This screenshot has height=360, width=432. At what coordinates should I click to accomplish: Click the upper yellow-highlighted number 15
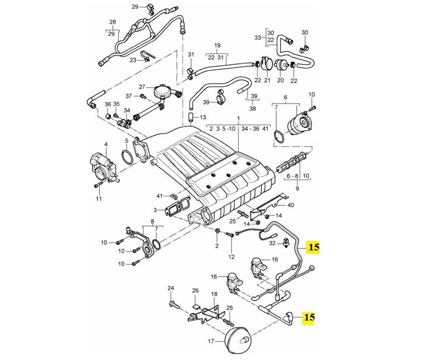314,247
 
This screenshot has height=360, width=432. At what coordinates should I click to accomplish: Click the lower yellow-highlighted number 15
308,317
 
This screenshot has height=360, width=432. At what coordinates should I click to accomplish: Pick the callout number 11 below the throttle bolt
99,198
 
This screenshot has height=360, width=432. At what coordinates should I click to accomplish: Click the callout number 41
160,196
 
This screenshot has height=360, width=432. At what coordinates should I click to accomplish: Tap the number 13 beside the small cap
203,117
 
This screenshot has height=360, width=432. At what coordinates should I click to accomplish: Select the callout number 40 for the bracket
291,205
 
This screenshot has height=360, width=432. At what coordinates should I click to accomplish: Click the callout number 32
272,243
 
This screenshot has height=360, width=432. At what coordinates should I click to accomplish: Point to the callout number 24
171,288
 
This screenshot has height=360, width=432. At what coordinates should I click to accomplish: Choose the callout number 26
195,290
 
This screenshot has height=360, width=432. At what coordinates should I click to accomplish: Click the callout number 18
214,294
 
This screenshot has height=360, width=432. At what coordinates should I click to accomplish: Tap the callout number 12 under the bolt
232,257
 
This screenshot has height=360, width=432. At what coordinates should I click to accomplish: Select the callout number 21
268,80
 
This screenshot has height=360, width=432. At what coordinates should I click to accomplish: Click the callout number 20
280,80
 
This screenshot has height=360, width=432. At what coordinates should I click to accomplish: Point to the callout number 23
133,60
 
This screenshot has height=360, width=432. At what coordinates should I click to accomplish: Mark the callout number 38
253,109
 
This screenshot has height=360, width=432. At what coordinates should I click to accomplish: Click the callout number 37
129,96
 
